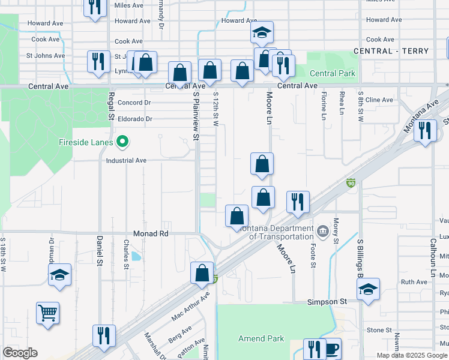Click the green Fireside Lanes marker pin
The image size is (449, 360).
[x=123, y=142]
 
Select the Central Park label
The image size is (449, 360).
[x=333, y=74]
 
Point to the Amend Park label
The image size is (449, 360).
[x=261, y=338]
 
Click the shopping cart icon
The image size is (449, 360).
[x=47, y=313]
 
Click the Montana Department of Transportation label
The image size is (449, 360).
[x=277, y=232]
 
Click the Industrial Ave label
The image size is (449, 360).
[x=126, y=161]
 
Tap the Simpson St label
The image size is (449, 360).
[x=328, y=302]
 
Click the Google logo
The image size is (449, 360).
[x=20, y=353]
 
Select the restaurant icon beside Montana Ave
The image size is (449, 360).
[x=425, y=130]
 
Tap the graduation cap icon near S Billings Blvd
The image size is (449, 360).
[x=368, y=289]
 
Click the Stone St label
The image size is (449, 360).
[x=379, y=330]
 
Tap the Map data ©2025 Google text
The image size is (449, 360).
[x=412, y=355]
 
